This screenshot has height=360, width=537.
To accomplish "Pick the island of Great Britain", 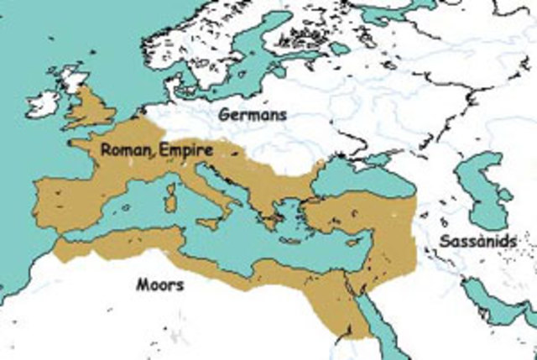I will [91, 109].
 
